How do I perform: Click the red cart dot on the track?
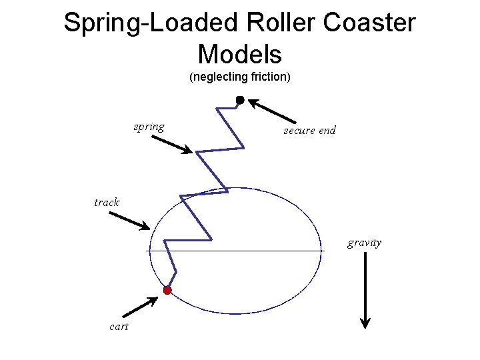coord(167,290)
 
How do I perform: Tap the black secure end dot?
coord(240,100)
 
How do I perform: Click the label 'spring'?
coord(149,127)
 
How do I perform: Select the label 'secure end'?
coord(309,131)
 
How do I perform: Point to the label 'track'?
coord(107,202)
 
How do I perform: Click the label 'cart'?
coord(119,326)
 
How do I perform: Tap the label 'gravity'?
coord(364,243)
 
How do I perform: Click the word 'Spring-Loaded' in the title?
coord(150,23)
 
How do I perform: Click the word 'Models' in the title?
coord(240,53)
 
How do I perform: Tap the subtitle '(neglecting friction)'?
coord(240,77)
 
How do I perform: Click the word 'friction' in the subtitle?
coord(270,77)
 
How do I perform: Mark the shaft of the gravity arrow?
coord(365,287)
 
